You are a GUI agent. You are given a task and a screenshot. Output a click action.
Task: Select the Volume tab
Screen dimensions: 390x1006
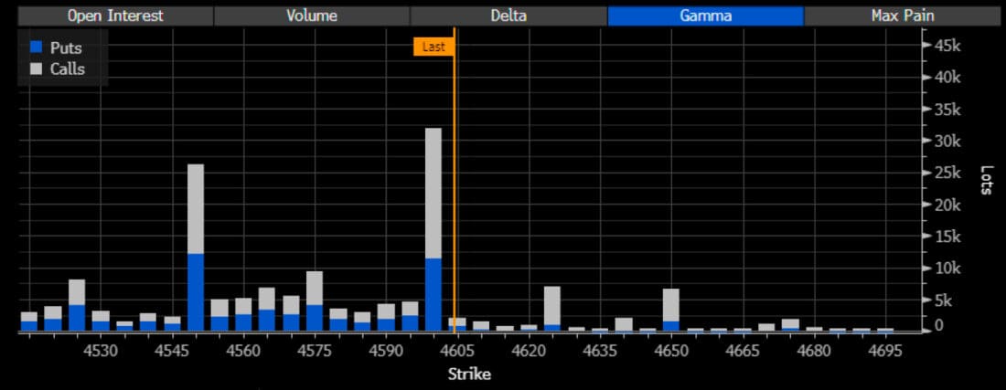312,16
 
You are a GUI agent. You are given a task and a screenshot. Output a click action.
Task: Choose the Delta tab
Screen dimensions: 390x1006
508,16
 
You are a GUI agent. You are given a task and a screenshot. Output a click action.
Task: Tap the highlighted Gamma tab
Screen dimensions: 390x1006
705,16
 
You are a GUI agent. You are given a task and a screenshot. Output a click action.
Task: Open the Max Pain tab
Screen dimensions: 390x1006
903,16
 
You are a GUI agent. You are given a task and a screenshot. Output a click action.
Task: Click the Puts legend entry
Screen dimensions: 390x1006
65,48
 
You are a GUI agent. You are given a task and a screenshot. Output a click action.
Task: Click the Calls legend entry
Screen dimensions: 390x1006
67,69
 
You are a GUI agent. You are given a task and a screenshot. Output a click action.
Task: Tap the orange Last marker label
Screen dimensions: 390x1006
433,47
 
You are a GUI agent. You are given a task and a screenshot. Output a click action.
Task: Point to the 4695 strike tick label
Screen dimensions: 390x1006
884,351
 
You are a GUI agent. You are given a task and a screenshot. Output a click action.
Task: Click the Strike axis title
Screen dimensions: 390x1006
469,374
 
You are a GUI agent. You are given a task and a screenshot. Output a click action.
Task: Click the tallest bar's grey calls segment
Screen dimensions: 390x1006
433,192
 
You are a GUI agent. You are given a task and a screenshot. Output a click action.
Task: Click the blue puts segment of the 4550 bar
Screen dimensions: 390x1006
196,292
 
